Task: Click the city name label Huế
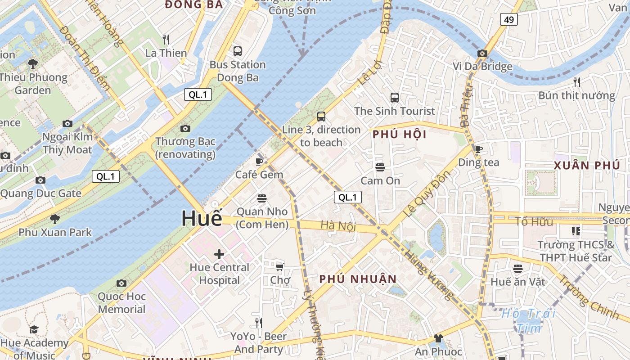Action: click(x=202, y=218)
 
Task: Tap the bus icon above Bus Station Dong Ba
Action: click(x=237, y=51)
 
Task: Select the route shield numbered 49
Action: click(x=508, y=19)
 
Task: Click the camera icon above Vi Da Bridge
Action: click(x=482, y=53)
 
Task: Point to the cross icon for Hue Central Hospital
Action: click(x=219, y=254)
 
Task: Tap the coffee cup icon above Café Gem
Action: click(x=259, y=162)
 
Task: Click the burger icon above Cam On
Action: click(x=380, y=167)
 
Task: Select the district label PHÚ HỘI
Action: click(x=400, y=135)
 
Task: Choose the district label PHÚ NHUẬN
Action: click(x=358, y=279)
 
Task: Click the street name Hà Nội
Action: click(x=338, y=225)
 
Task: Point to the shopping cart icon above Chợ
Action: click(x=280, y=267)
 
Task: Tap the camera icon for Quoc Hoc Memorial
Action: click(x=121, y=283)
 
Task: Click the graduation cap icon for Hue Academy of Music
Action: click(x=34, y=330)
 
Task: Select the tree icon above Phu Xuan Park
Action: click(x=55, y=219)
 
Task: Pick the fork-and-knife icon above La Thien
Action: click(x=166, y=40)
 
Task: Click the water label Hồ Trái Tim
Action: click(x=529, y=320)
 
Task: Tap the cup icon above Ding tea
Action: click(x=479, y=149)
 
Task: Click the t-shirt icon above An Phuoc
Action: click(x=438, y=338)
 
